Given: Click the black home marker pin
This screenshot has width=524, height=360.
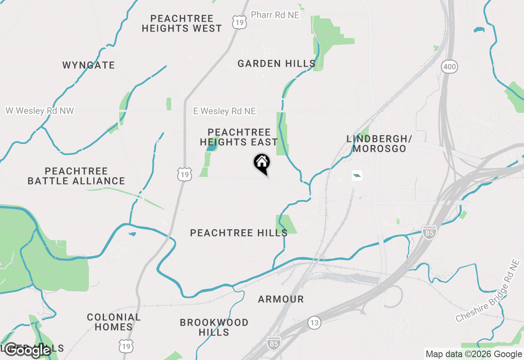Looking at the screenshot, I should point(262,163).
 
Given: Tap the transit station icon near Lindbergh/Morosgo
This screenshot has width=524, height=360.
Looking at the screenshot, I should point(357,176).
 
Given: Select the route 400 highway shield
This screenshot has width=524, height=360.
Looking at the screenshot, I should point(449,66).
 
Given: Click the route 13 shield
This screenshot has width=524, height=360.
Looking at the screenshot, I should point(314,323).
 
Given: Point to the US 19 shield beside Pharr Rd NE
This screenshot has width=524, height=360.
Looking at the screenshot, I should point(239,22).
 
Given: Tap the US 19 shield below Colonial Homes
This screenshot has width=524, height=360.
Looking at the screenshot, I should point(125,346).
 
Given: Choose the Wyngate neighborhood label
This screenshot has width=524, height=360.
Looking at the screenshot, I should point(88,65).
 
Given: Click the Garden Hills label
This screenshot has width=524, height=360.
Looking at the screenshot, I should point(276,63).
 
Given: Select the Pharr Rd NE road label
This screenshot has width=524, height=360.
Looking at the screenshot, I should point(275,15).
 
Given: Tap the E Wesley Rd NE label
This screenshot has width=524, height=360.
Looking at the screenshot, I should point(224,111).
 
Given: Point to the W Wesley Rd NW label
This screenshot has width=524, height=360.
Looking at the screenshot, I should point(39,110).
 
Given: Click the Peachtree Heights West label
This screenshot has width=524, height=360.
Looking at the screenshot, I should point(182,23).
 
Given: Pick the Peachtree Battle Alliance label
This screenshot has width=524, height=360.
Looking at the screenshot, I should point(76,176).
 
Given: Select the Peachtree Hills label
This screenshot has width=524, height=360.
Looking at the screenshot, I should point(239,233).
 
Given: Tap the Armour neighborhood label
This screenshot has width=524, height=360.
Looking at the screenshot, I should point(281,299).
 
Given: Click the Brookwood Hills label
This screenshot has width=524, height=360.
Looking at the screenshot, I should point(214,327).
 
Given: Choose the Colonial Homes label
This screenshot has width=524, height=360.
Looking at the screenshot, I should point(114,322).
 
